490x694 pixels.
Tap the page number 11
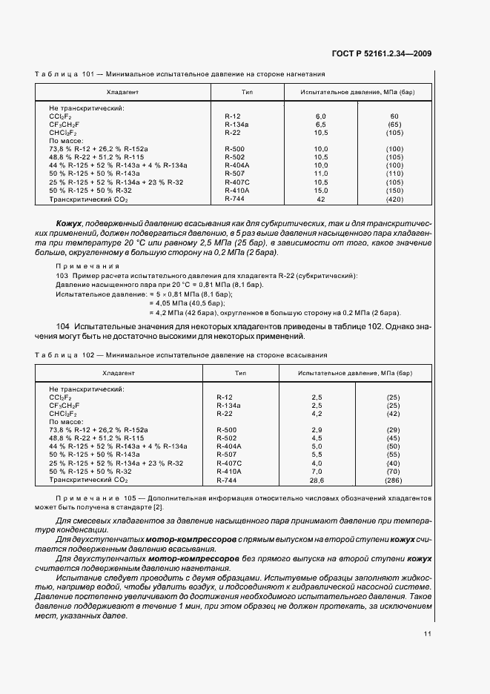pyautogui.click(x=428, y=634)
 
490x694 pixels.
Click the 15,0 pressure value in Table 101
pyautogui.click(x=320, y=191)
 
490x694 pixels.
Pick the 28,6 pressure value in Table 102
pyautogui.click(x=317, y=480)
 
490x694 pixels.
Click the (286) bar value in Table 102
pyautogui.click(x=393, y=480)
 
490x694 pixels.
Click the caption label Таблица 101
pyautogui.click(x=62, y=74)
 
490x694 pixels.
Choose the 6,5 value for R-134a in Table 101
pyautogui.click(x=320, y=125)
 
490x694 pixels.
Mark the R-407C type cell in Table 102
pyautogui.click(x=228, y=463)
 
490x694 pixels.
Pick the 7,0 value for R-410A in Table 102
pyautogui.click(x=317, y=471)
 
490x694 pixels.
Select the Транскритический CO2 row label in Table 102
pyautogui.click(x=88, y=480)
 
